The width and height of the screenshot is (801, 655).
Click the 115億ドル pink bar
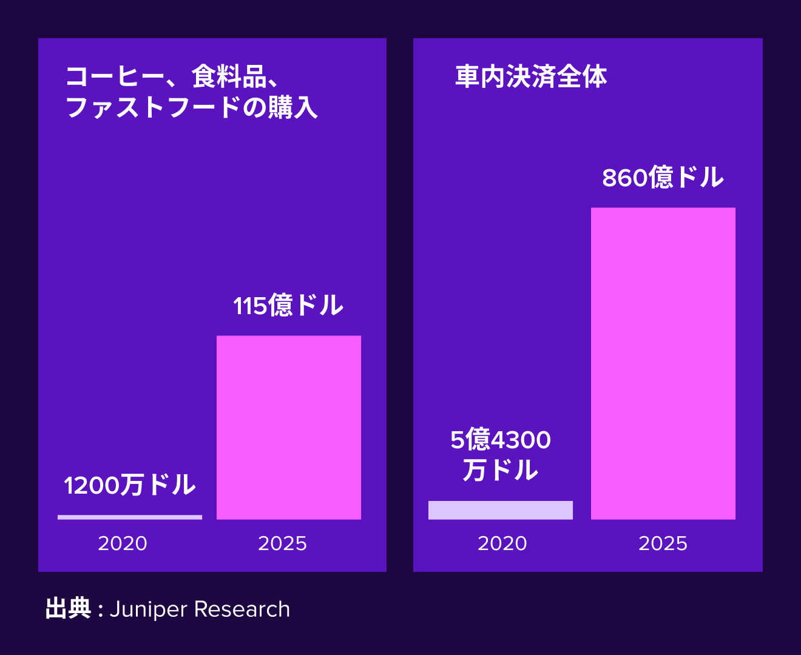point(289,428)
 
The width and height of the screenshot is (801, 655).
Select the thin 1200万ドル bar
point(130,517)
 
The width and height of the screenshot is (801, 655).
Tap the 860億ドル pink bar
point(663,363)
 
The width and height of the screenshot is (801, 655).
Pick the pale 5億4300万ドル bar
point(501,510)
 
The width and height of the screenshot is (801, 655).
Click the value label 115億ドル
point(289,305)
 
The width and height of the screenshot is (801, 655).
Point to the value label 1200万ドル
point(130,485)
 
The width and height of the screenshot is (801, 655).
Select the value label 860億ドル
point(663,178)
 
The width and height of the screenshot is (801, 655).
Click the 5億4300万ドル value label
point(501,455)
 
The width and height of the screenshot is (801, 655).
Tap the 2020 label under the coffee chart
point(123,543)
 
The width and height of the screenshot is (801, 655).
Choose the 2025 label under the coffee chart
point(283,543)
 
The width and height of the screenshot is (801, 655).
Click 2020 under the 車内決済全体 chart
point(502,543)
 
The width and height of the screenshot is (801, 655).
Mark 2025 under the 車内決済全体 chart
point(663,543)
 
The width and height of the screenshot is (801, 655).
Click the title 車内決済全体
point(531,77)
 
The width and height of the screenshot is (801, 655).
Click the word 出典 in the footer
point(68,609)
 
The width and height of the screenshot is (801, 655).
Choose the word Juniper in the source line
point(148,610)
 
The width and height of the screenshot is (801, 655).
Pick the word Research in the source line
point(242,610)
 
